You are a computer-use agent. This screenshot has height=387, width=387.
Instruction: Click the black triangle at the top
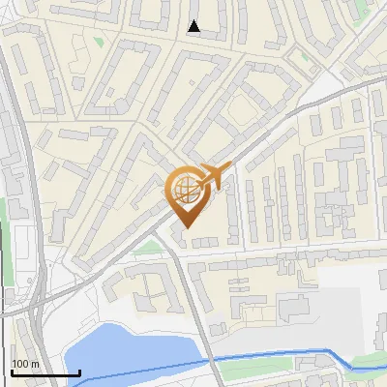pos(194,26)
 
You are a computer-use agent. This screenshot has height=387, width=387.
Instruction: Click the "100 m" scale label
pos(26,364)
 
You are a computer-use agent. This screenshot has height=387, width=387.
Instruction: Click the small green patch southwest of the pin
pos(145,248)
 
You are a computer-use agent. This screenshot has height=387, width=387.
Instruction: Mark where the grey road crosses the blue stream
pos(214,361)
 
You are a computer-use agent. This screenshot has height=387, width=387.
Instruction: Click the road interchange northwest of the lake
pos(39,300)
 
